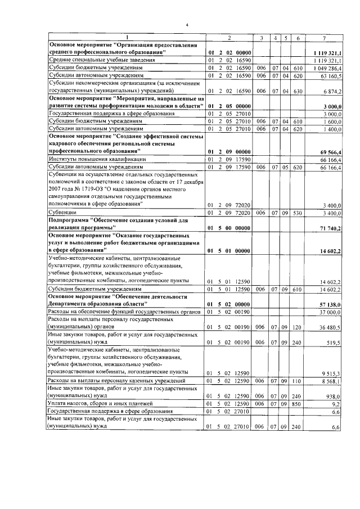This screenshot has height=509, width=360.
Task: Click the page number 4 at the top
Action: [187, 25]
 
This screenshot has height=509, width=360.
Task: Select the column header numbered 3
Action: [260, 38]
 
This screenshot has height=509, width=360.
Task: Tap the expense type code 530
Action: [298, 214]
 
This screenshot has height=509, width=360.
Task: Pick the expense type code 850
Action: [298, 404]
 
